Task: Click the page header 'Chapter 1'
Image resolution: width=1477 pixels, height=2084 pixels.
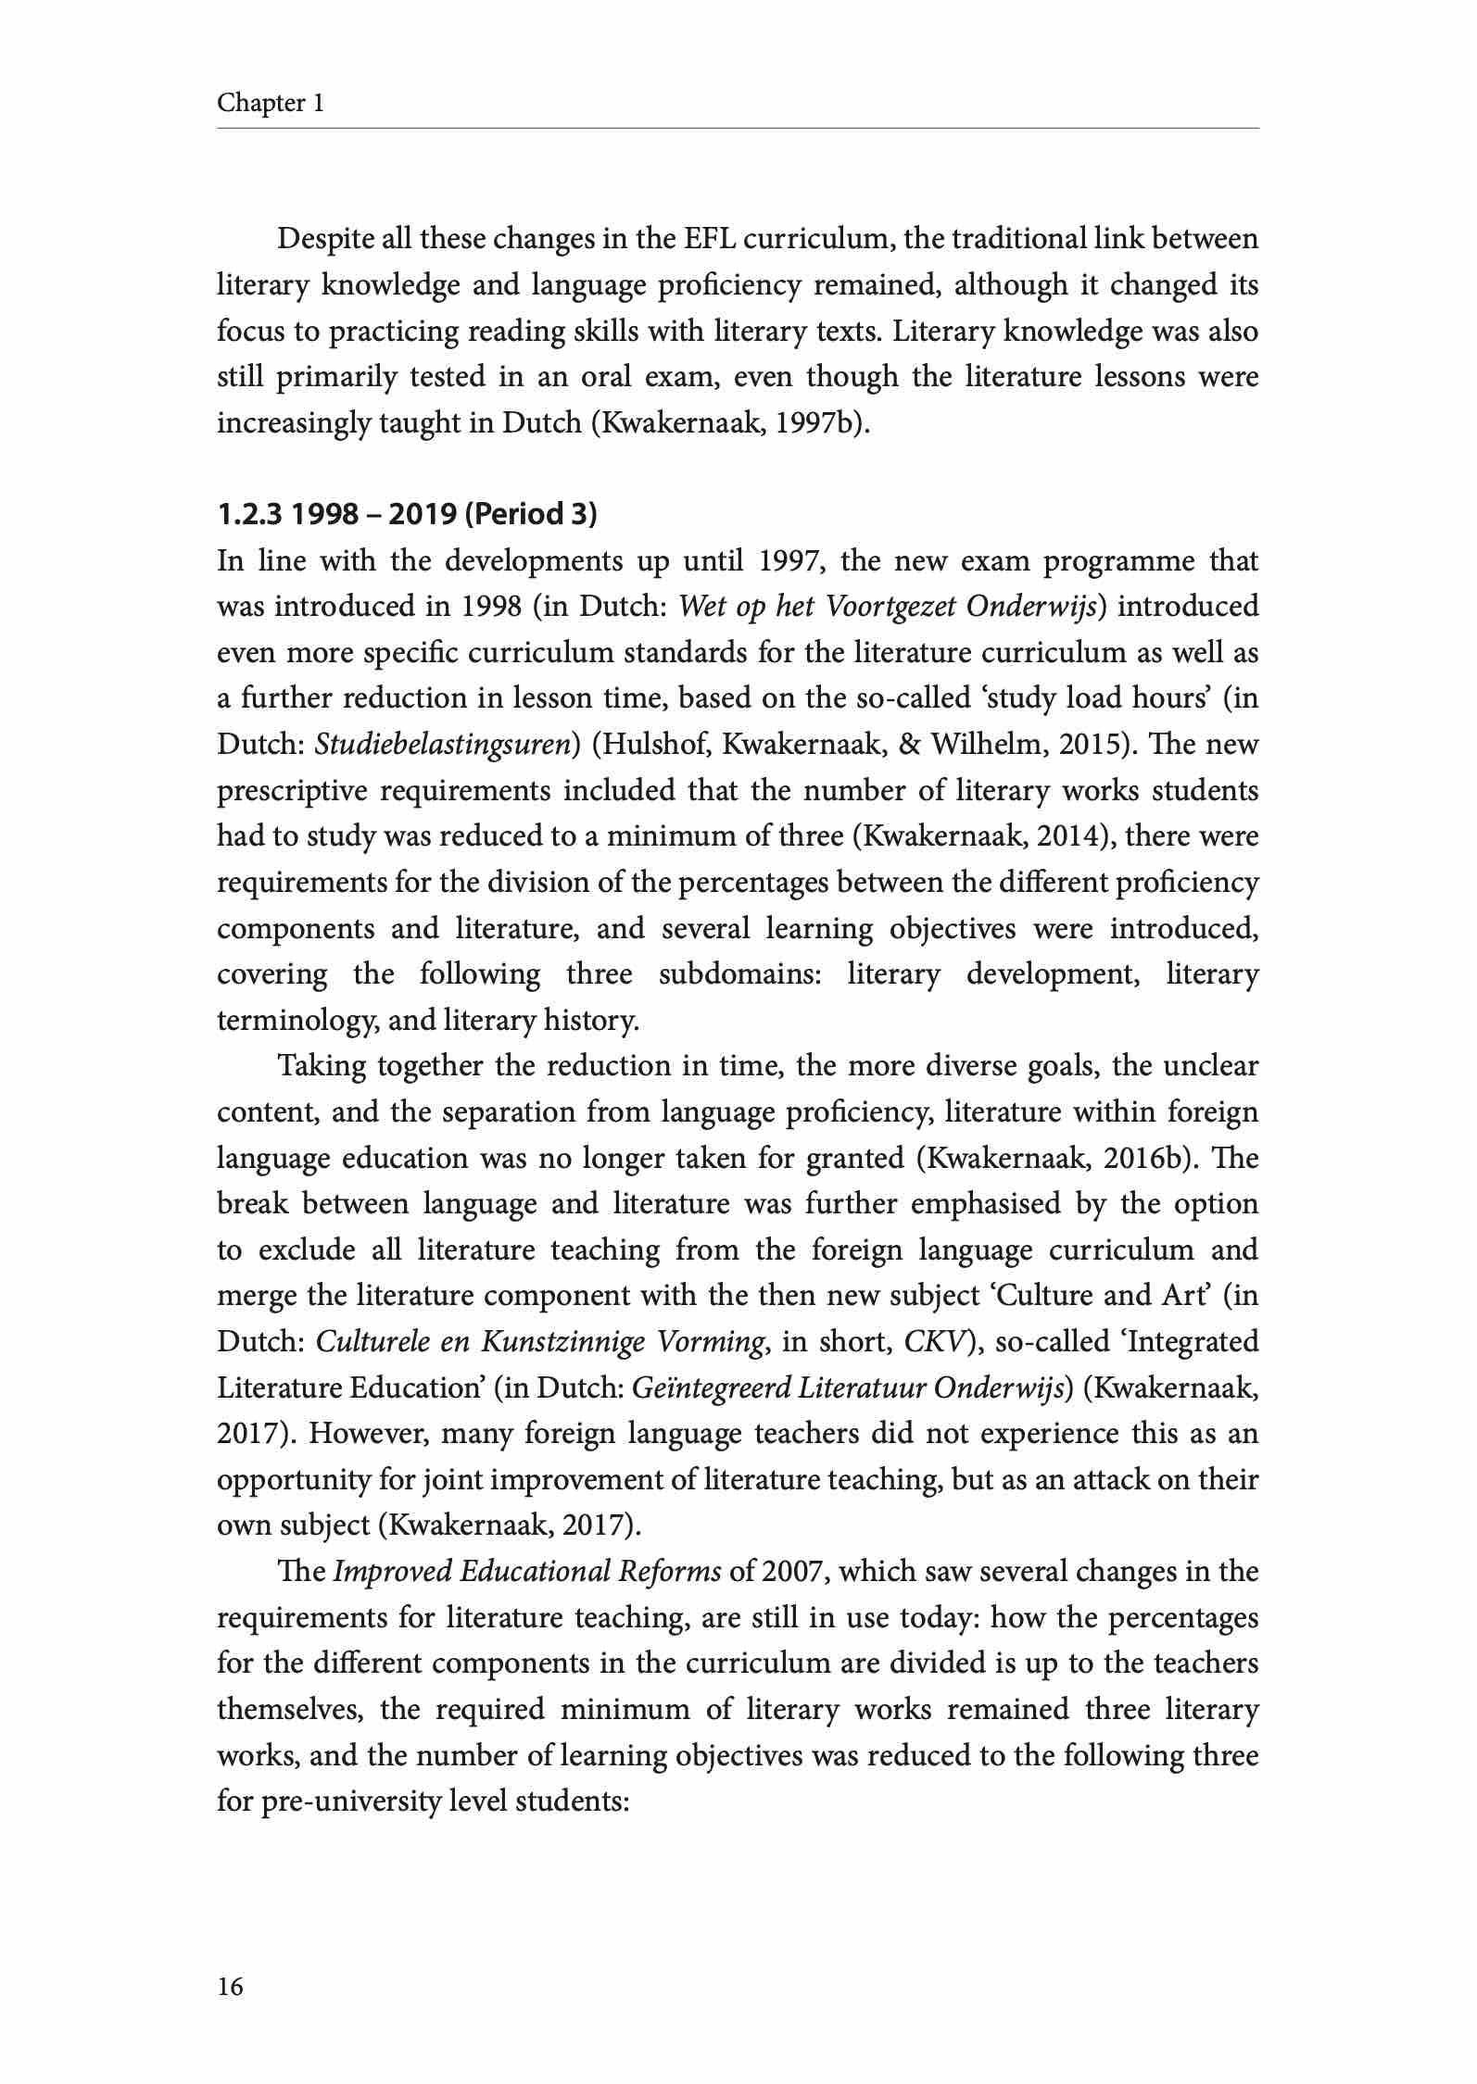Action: (270, 103)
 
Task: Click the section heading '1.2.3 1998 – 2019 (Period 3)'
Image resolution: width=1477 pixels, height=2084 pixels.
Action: (407, 514)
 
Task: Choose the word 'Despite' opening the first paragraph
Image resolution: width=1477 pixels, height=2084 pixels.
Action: (325, 240)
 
